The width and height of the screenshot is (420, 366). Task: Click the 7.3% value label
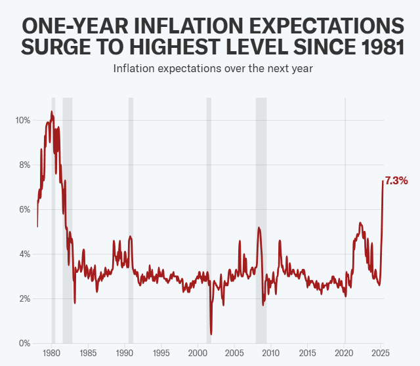(x=396, y=180)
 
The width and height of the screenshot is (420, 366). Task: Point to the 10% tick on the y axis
(x=22, y=120)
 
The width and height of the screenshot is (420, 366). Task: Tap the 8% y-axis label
(x=24, y=165)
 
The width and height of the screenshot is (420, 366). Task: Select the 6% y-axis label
(x=24, y=209)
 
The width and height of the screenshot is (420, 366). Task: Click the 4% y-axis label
(x=24, y=254)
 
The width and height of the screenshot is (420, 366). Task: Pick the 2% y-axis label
(x=24, y=298)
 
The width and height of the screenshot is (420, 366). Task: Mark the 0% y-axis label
(x=24, y=343)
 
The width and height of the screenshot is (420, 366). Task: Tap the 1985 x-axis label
(x=89, y=355)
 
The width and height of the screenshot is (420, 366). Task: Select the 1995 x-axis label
(x=161, y=355)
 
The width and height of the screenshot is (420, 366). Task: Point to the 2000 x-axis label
(x=198, y=355)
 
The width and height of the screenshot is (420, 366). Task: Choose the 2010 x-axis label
(x=271, y=355)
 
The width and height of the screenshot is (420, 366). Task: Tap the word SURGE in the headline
(x=58, y=47)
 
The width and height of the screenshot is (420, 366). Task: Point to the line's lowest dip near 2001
(x=211, y=334)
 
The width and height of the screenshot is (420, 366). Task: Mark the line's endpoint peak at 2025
(x=383, y=181)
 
